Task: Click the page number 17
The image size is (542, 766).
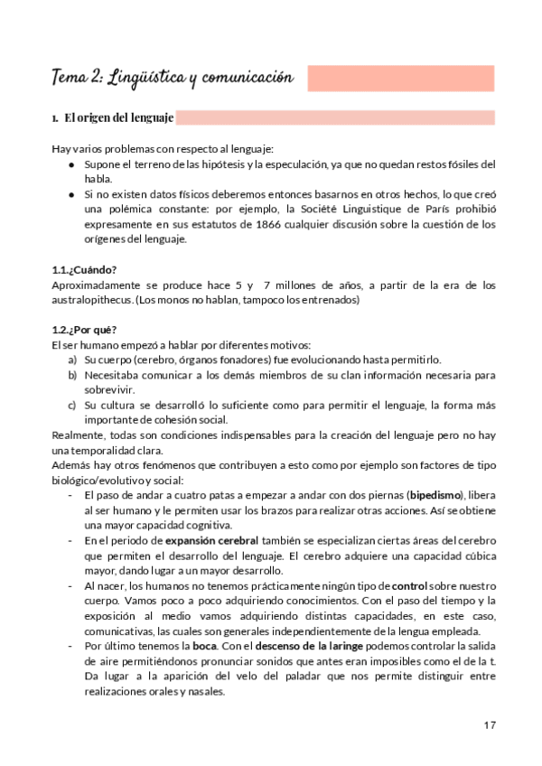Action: (489, 724)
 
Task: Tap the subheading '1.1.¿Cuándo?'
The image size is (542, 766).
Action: (85, 270)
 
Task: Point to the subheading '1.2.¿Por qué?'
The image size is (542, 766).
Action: (84, 329)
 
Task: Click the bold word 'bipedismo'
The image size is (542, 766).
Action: (435, 495)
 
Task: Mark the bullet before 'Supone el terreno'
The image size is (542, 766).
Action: (72, 165)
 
